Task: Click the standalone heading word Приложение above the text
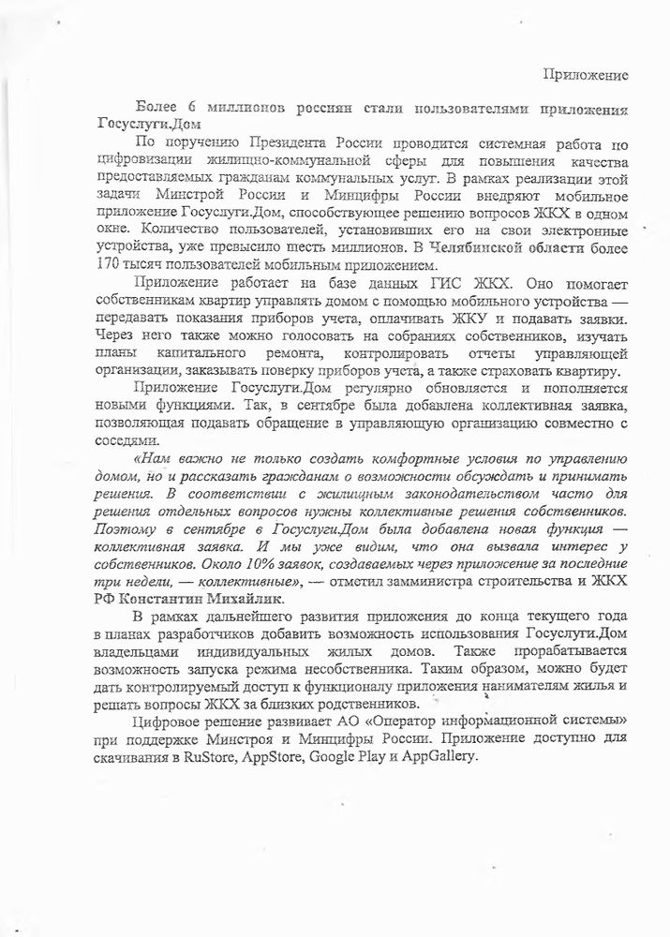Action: (587, 73)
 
